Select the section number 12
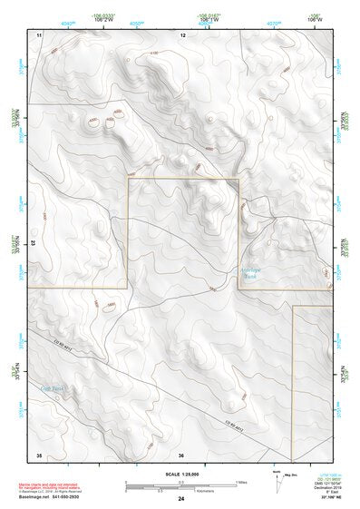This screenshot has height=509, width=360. [x=182, y=34]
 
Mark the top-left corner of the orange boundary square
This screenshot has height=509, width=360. [x=128, y=179]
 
